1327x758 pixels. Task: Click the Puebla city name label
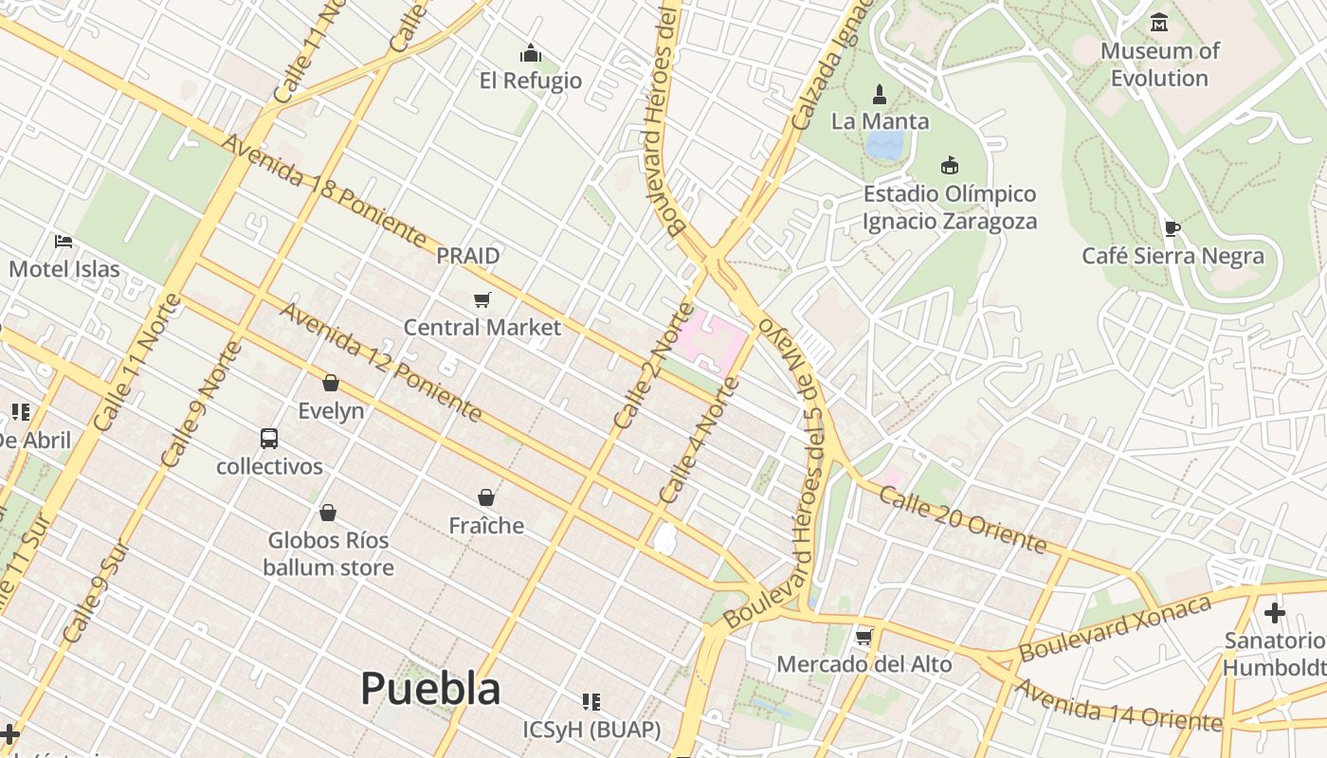430,688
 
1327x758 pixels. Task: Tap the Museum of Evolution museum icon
1158,22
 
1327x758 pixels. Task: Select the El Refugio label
531,80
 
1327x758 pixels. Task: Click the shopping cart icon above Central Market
482,300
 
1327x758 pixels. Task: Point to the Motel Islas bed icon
64,242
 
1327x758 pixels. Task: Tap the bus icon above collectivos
269,439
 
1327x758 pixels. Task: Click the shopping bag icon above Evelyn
331,383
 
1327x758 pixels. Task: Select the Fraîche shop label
486,525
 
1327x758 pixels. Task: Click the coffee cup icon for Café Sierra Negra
1172,228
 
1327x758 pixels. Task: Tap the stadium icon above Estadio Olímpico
949,166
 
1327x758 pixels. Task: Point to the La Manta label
880,121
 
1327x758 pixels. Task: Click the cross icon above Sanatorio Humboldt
1275,613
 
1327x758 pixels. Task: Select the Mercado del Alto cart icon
863,637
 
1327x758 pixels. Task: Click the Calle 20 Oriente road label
962,519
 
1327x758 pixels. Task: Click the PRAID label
468,256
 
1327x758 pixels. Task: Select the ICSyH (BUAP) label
591,730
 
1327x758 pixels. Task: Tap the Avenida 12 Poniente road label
380,362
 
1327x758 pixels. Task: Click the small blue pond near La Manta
885,145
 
